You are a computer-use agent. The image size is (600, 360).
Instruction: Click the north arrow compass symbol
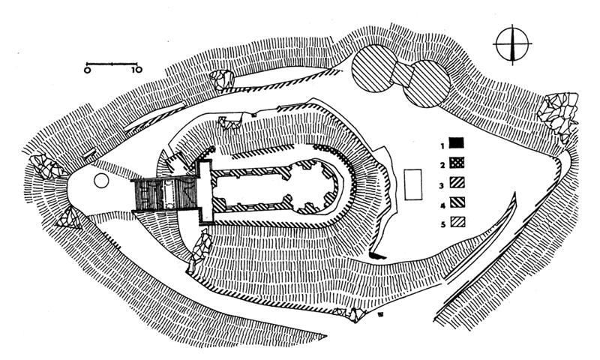[x=511, y=45]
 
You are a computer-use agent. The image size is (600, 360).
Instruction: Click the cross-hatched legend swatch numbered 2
[x=458, y=163]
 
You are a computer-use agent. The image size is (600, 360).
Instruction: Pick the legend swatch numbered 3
[x=458, y=182]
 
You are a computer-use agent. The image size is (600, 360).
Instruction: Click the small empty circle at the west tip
[x=101, y=180]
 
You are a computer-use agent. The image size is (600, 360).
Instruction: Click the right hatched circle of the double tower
[x=427, y=84]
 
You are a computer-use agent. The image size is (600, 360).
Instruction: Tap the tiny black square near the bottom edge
[x=381, y=316]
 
